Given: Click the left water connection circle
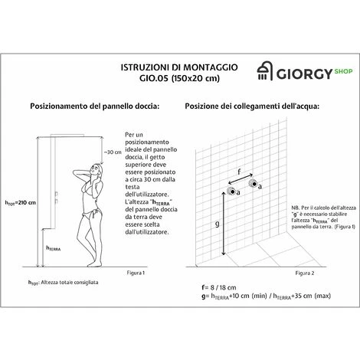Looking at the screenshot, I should click(230, 191).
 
